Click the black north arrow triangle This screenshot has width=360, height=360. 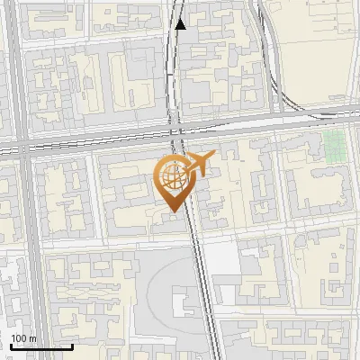(181, 24)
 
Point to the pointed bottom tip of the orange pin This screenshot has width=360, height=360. (171, 211)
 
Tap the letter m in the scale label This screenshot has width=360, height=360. (33, 338)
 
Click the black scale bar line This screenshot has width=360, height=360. (40, 346)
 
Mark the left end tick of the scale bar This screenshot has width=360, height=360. (10, 345)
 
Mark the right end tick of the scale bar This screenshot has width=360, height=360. (72, 345)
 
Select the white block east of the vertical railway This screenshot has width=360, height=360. (229, 262)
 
